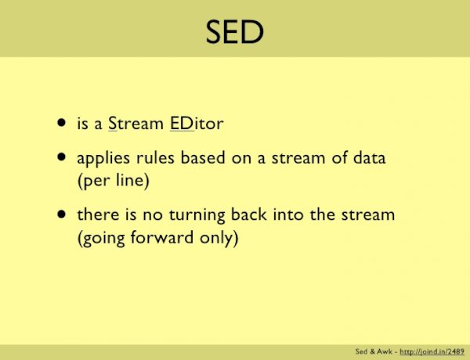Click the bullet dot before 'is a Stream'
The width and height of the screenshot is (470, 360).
tap(61, 123)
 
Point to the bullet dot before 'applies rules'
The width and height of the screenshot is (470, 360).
tap(61, 157)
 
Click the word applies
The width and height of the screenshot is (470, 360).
tap(101, 159)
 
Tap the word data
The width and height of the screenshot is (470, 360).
tap(369, 158)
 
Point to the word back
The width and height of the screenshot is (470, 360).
tap(246, 215)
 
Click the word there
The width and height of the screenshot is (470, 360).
tap(96, 215)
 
